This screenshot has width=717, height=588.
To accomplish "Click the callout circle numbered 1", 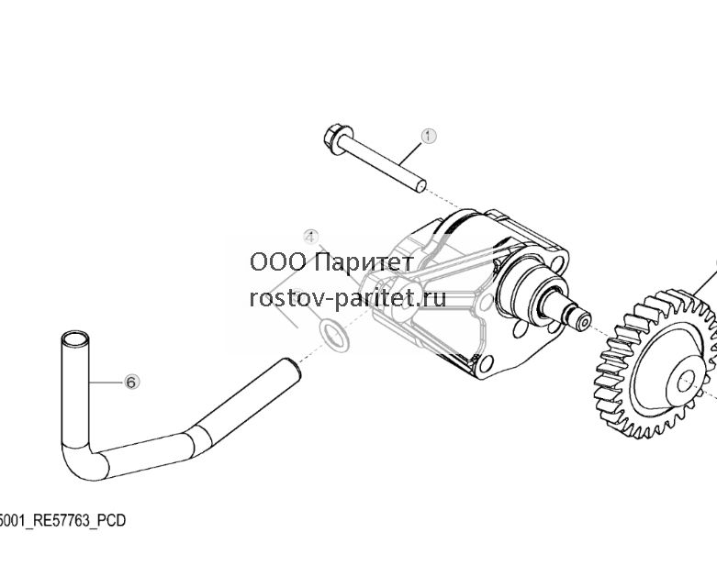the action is (429, 136).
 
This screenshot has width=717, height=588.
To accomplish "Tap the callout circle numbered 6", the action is (131, 382).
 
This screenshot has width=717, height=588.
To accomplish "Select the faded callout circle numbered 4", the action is (310, 238).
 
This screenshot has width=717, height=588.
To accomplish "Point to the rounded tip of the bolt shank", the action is (421, 186).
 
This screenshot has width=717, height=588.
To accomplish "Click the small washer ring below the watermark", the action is (334, 336).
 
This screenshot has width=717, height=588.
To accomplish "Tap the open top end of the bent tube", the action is (75, 339).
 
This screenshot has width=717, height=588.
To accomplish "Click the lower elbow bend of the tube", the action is (83, 461).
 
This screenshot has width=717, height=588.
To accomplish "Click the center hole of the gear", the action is (686, 381).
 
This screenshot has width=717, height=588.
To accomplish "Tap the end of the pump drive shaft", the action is (583, 320).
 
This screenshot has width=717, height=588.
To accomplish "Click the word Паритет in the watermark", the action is (364, 262).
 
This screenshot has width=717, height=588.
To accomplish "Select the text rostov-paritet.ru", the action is (348, 298).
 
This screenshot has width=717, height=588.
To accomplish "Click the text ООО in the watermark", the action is (278, 262).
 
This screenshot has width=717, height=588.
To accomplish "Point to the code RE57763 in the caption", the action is (61, 520).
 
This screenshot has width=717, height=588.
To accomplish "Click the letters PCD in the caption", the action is (112, 520).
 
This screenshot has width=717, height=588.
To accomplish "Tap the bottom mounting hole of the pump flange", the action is (486, 363).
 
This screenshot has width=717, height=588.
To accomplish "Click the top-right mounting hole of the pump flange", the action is (558, 263).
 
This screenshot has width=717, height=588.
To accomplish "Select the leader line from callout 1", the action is (410, 154).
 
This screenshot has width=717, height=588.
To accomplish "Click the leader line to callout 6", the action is (106, 382).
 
